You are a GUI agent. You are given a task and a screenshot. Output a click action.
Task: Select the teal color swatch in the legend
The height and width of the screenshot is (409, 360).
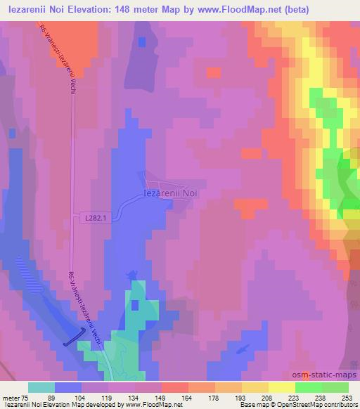[41, 387]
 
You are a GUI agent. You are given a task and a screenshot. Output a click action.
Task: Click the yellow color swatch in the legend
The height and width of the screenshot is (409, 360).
[281, 387]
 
